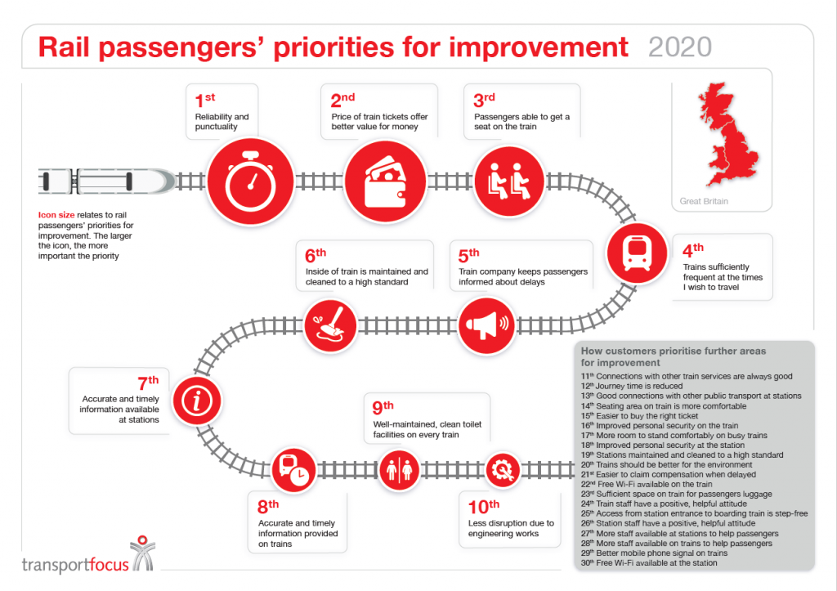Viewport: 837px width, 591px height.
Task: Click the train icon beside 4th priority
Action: [x=636, y=253]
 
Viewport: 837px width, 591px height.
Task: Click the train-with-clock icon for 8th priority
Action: [x=292, y=469]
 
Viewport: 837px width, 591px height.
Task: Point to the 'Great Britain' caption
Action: [x=704, y=201]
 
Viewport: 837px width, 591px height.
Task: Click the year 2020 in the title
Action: [x=679, y=47]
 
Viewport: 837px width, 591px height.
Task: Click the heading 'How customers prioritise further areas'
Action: [x=674, y=351]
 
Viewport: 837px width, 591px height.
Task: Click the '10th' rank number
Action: [x=483, y=505]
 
